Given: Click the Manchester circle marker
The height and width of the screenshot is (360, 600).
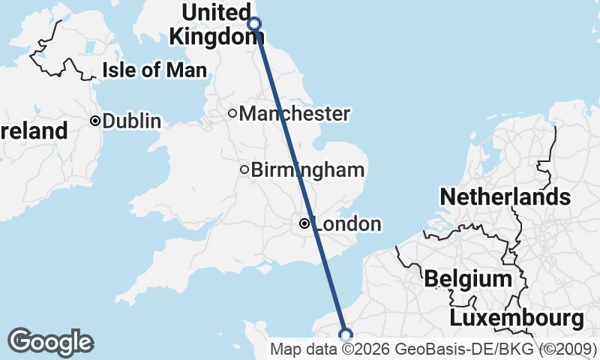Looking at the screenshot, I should (232, 114).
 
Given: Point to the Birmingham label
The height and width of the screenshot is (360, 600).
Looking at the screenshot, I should (307, 169).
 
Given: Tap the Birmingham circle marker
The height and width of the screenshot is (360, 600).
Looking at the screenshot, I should (244, 169).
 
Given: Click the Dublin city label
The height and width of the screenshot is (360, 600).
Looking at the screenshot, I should (132, 121).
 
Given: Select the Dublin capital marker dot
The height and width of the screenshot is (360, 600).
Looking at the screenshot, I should (96, 121).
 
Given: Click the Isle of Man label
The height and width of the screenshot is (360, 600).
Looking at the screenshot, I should (154, 70).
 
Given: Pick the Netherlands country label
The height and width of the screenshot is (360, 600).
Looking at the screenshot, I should (505, 197).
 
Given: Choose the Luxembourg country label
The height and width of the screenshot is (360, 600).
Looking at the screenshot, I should (517, 318).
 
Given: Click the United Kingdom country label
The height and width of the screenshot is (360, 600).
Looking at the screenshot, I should (212, 24).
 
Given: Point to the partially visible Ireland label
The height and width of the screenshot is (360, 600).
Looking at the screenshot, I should (34, 131).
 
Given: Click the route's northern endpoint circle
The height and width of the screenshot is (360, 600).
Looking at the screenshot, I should (254, 23).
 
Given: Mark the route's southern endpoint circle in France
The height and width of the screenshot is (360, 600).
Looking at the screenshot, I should (346, 334).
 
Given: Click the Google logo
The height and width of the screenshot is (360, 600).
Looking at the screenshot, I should (51, 341).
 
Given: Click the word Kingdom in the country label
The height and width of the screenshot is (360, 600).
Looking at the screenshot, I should (212, 36).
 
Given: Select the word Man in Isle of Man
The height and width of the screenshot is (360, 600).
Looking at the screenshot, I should (187, 70).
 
